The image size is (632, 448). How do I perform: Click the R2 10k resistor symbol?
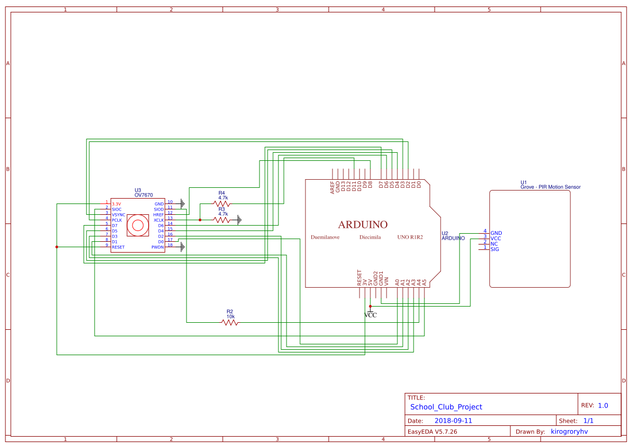230,322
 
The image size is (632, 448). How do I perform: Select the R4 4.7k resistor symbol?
222,204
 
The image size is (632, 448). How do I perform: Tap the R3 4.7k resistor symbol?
222,220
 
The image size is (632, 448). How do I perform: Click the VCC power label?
370,315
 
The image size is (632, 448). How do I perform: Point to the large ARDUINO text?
363,225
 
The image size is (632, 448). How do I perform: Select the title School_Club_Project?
446,407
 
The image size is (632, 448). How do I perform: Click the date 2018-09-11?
453,420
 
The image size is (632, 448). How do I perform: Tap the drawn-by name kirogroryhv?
569,431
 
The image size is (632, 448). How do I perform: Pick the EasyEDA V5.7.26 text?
432,431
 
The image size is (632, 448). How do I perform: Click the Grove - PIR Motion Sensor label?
550,187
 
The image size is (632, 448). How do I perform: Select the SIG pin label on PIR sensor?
495,249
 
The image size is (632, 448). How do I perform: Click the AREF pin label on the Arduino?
332,187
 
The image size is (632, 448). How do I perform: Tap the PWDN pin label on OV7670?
157,247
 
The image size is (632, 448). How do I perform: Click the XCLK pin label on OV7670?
158,220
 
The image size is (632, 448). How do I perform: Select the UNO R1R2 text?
410,237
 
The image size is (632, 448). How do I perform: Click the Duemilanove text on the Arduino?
325,237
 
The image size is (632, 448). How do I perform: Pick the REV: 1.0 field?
594,405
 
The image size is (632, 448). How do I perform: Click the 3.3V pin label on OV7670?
116,204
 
